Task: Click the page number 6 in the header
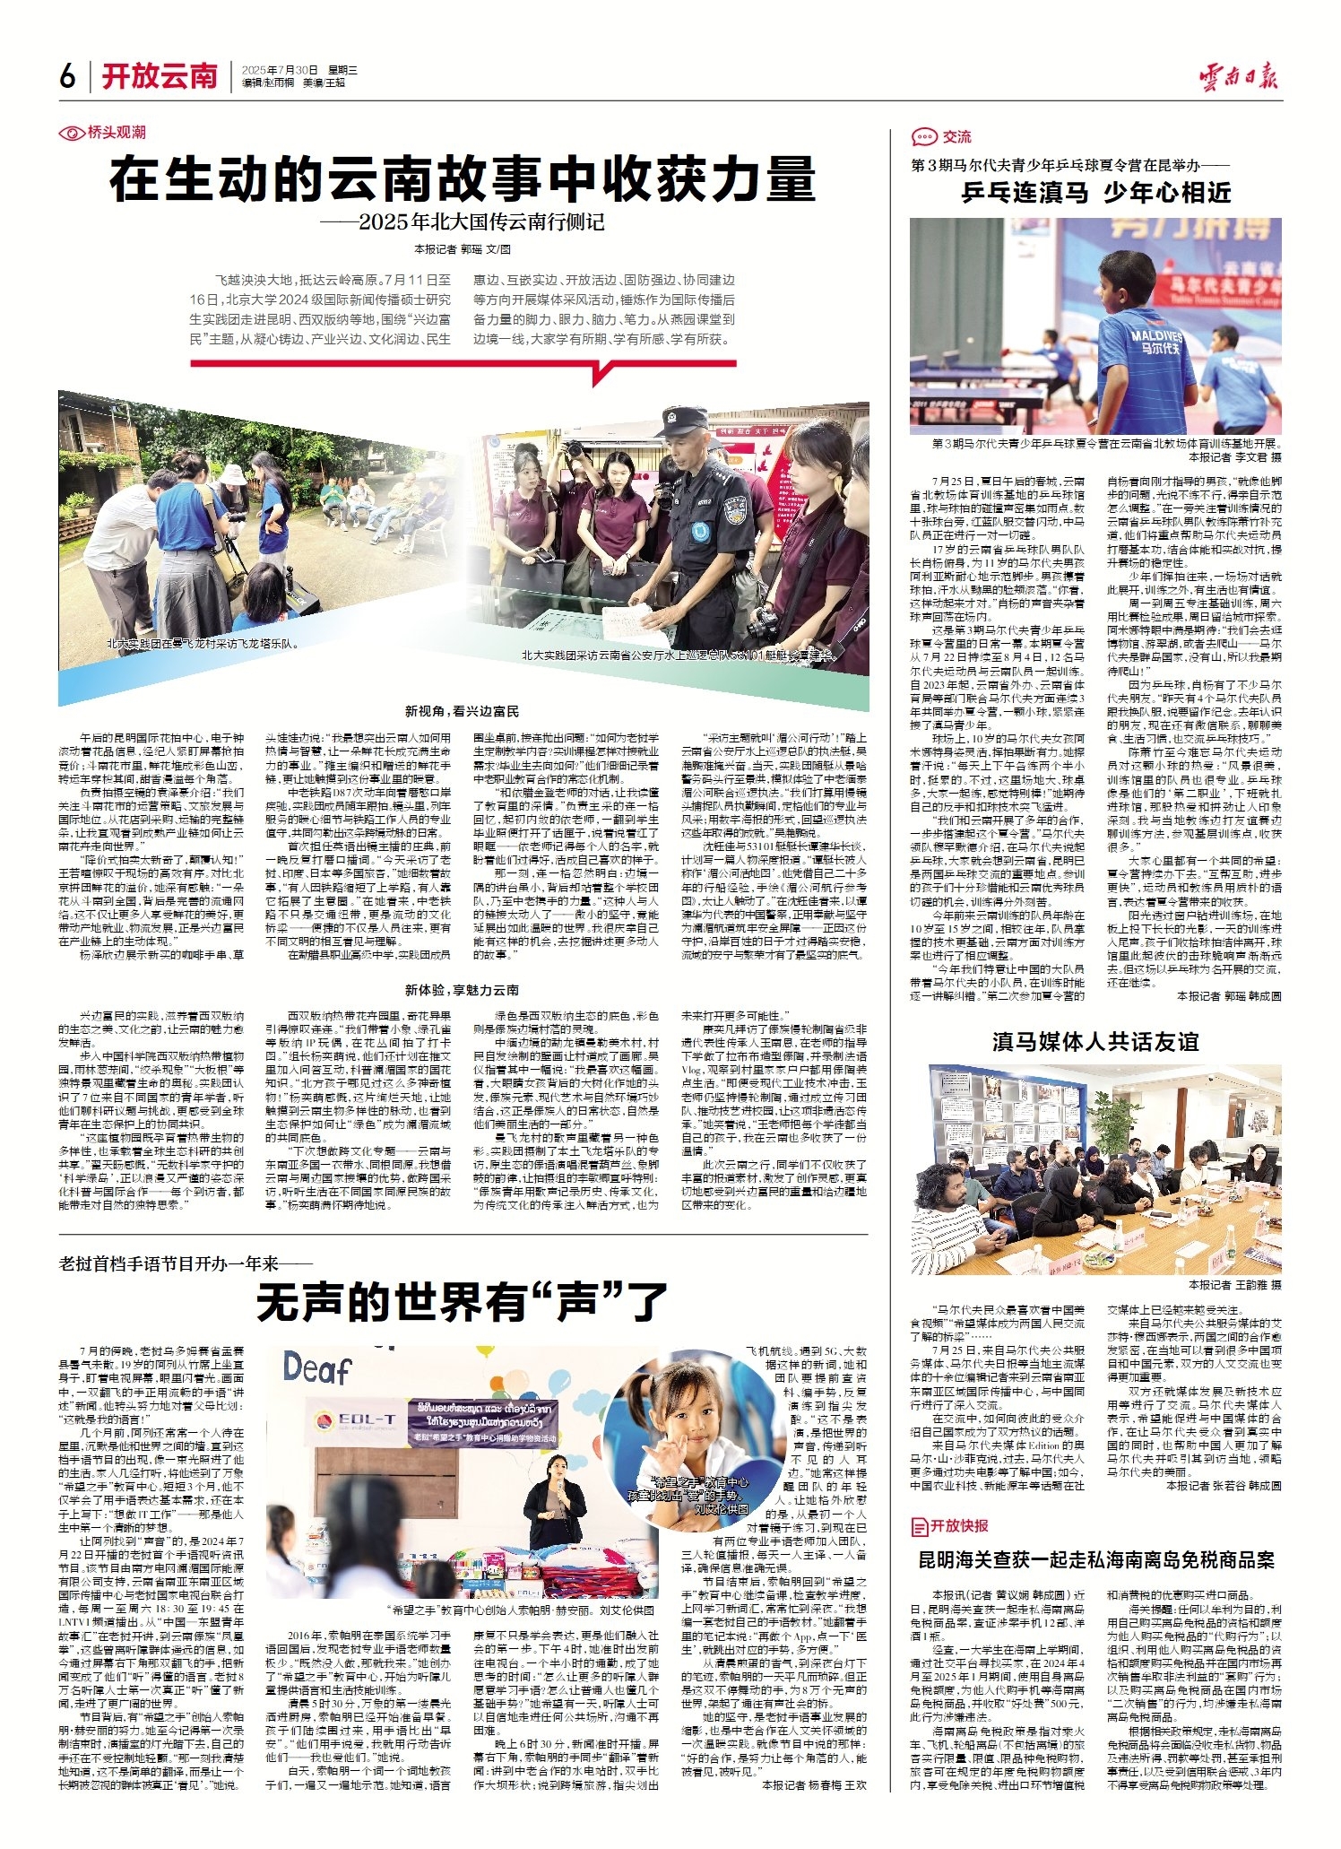click(68, 77)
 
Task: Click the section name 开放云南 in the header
click(160, 77)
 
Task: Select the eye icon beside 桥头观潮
click(71, 133)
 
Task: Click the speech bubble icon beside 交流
click(923, 137)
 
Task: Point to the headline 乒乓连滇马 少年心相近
click(1095, 192)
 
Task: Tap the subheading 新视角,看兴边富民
click(462, 711)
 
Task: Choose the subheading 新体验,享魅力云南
click(462, 990)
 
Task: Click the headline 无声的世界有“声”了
click(463, 1303)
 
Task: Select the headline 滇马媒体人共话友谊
click(1095, 1042)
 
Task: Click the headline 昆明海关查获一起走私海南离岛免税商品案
click(1095, 1560)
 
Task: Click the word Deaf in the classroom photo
click(317, 1369)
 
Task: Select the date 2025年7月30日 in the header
click(280, 70)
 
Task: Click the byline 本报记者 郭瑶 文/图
click(463, 249)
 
